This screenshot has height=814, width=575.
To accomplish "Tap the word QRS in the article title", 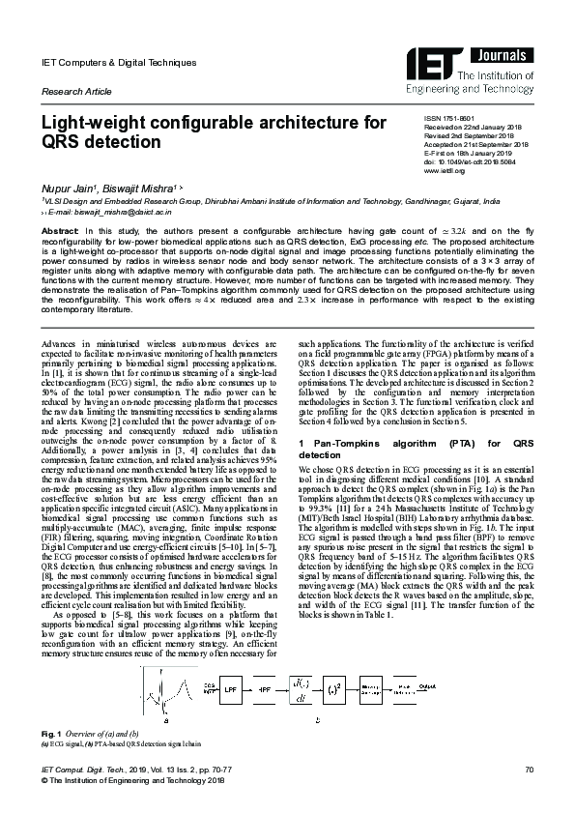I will tap(63, 141).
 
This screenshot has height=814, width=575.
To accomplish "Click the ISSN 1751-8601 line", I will tap(449, 117).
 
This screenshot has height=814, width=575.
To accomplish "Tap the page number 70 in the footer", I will tap(529, 795).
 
